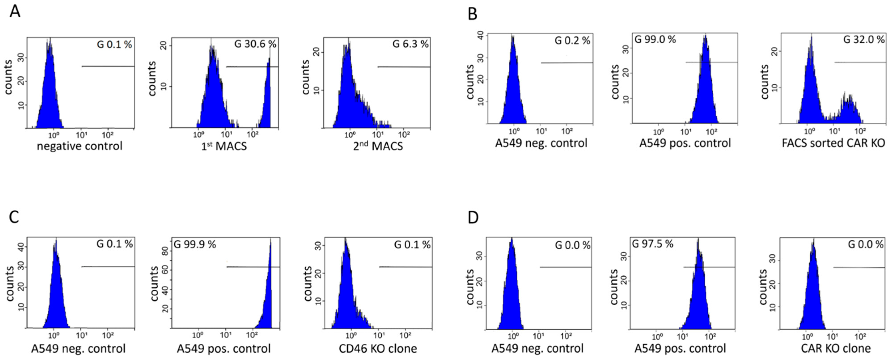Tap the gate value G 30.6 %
pos(255,44)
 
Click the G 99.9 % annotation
pos(195,244)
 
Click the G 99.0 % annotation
pos(655,39)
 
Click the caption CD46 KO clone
pos(378,348)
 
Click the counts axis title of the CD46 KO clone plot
pos(307,284)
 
